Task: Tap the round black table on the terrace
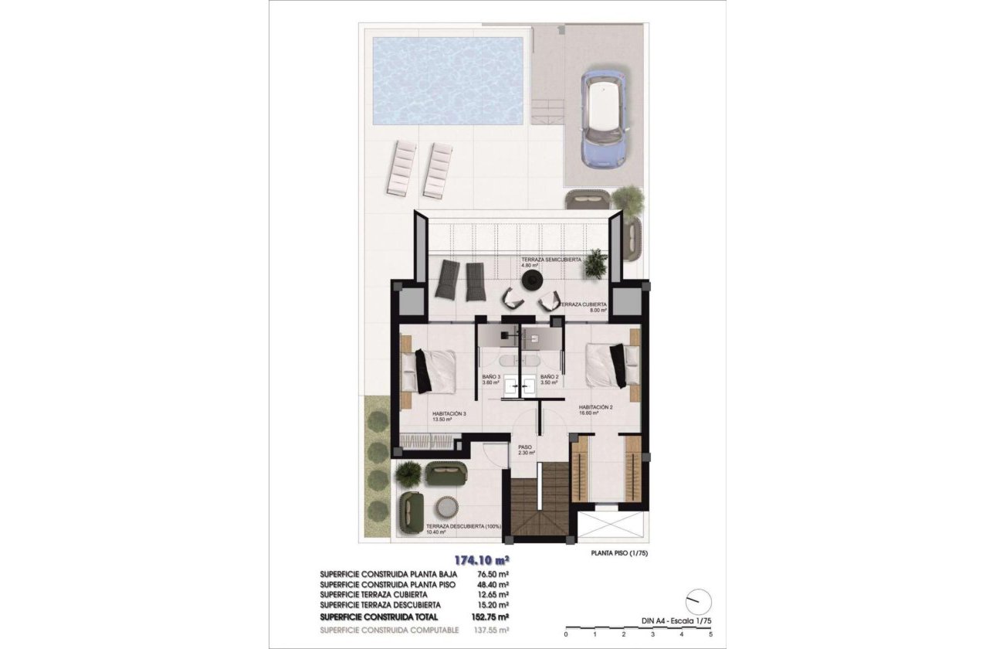(x=530, y=278)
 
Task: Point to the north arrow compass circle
(x=698, y=600)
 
